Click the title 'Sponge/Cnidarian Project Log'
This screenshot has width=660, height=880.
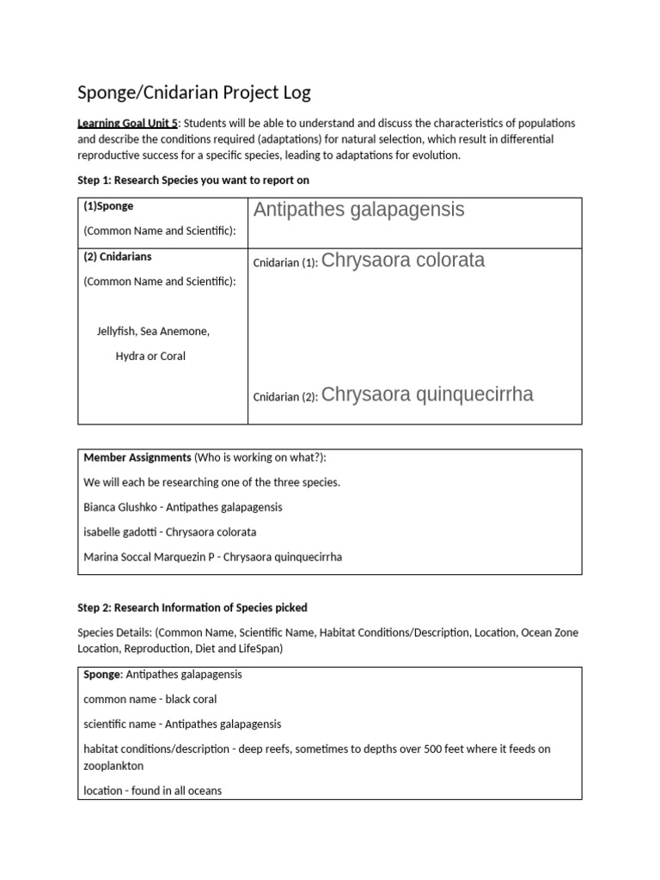(x=193, y=92)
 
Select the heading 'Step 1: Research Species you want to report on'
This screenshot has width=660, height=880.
(x=193, y=180)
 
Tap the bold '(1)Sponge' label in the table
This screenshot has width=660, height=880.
(x=108, y=206)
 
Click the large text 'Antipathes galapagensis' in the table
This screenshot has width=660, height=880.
(x=359, y=210)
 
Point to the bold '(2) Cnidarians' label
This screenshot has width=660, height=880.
(x=118, y=256)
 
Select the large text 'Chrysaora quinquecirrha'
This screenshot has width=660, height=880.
(x=428, y=394)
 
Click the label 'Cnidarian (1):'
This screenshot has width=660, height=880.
(x=285, y=263)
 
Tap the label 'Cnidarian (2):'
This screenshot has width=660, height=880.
(x=285, y=397)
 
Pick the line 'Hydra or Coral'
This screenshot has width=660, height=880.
(x=150, y=356)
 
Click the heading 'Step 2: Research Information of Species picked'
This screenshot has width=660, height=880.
(x=192, y=608)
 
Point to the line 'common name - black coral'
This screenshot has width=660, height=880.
(x=150, y=700)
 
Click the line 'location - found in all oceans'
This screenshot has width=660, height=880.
(x=153, y=790)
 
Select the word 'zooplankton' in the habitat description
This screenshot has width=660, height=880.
(x=113, y=765)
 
